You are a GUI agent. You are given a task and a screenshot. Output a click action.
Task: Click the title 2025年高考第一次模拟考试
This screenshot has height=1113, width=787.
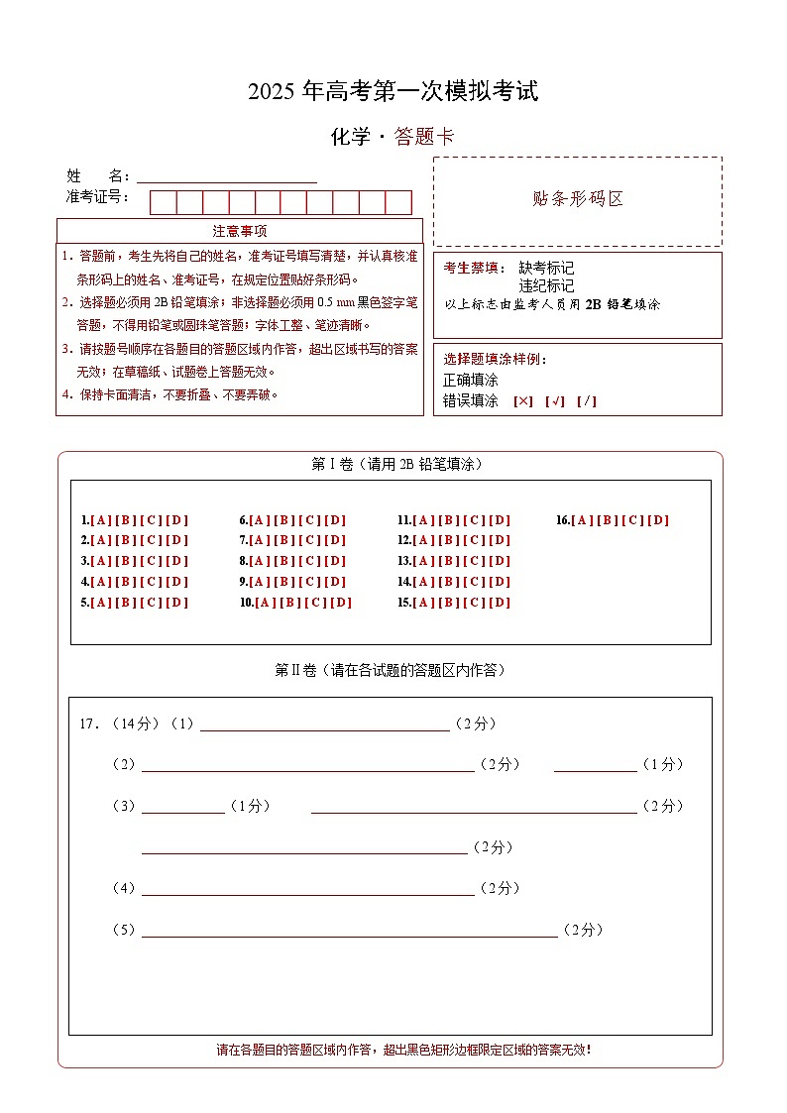393,92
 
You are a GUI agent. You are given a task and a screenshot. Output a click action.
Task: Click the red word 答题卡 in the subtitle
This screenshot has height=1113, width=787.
424,138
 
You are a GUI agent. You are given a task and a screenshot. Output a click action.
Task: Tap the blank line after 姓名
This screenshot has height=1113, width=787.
226,177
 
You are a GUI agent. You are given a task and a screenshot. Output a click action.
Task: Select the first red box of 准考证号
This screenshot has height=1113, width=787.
163,202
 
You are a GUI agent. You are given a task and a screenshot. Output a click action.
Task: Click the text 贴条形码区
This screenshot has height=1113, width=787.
578,198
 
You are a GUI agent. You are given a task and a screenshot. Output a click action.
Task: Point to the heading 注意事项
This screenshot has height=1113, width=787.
240,231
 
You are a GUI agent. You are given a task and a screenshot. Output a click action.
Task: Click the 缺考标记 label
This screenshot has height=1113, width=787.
546,268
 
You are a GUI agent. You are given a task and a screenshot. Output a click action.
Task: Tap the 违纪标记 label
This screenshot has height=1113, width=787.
546,285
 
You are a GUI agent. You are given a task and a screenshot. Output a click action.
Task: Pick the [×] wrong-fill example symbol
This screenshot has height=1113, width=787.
522,401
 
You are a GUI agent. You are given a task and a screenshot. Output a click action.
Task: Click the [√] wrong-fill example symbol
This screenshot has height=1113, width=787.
555,401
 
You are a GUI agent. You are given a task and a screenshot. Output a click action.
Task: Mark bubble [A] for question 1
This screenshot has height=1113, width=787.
101,520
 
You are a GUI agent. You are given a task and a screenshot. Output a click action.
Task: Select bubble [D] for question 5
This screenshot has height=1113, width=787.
176,603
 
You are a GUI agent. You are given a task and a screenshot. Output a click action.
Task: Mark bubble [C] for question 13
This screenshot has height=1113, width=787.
474,561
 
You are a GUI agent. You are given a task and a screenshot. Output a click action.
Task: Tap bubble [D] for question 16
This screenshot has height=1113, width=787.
658,520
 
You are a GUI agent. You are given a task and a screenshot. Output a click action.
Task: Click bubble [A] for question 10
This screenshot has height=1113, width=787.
266,603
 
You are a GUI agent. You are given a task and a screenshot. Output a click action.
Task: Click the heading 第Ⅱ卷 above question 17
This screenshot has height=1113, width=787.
294,671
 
